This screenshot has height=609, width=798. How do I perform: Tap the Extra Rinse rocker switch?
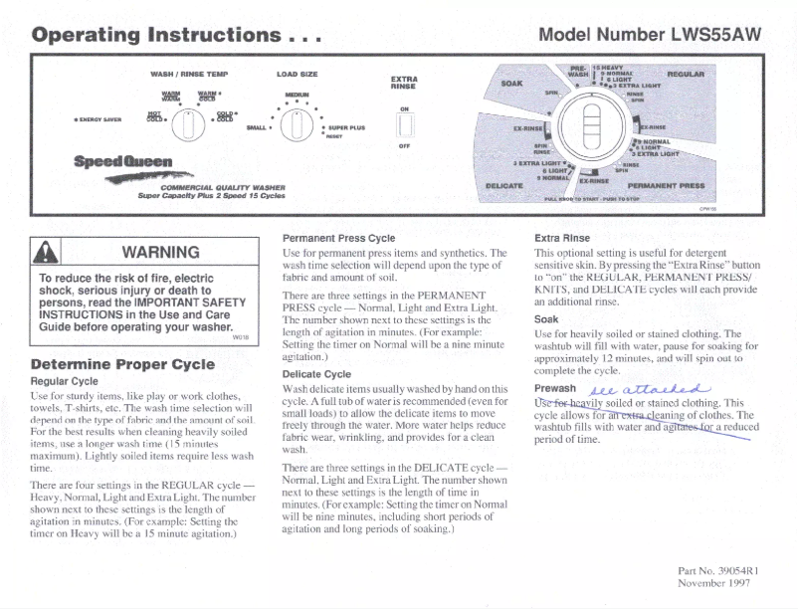(404, 125)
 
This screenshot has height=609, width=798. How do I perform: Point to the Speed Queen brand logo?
(116, 160)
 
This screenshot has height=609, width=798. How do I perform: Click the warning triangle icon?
(51, 253)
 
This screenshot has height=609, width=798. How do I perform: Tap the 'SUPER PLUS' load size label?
(345, 128)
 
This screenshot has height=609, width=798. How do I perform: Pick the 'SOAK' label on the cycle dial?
(511, 83)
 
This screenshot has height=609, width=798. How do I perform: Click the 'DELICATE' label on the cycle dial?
(503, 185)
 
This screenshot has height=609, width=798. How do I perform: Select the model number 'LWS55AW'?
(706, 35)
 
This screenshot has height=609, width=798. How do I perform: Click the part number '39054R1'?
(736, 570)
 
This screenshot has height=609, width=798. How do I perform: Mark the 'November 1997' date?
(717, 583)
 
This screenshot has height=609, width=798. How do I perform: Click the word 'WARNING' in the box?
(159, 252)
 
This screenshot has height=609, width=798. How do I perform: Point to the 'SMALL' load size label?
(256, 127)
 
